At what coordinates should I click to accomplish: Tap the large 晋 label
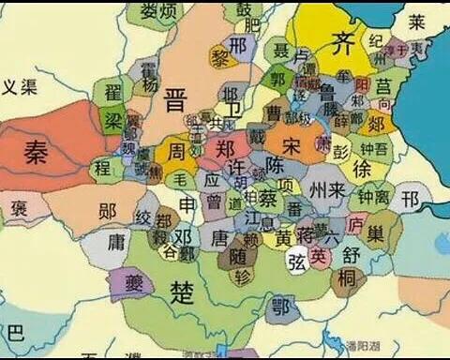[175, 99]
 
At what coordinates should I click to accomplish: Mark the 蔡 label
[267, 199]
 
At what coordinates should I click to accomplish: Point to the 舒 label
[352, 254]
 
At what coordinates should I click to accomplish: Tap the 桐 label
[347, 277]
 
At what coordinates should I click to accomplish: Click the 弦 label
[297, 261]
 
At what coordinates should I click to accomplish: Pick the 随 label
[238, 256]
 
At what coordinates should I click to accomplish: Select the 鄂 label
[279, 304]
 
